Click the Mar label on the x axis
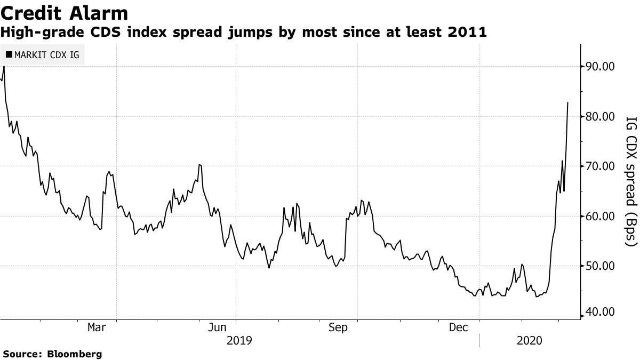[96, 327]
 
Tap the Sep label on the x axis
[339, 327]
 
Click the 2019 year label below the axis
[239, 340]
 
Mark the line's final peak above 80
[567, 102]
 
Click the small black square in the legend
[9, 54]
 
